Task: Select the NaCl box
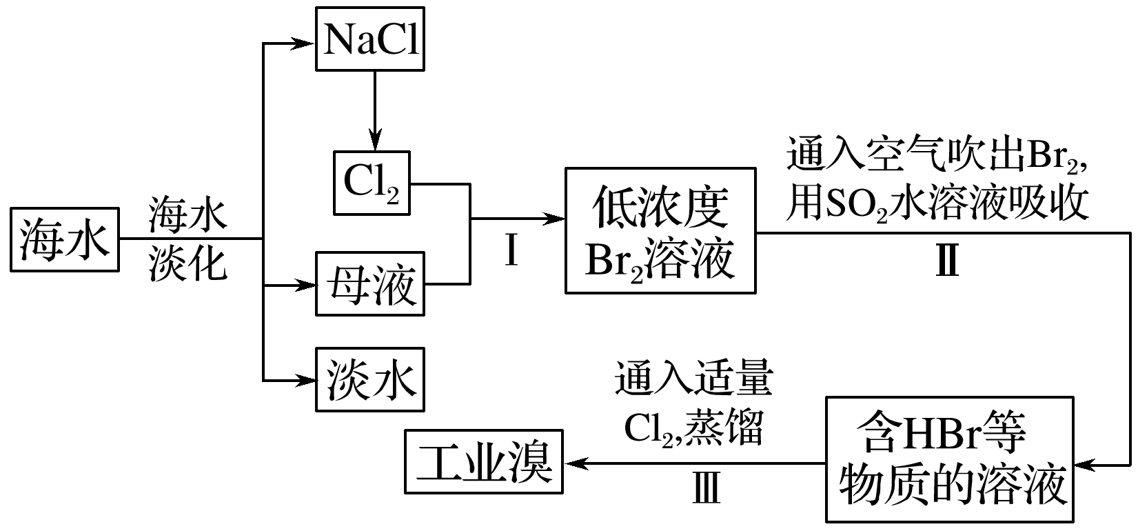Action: click(x=370, y=39)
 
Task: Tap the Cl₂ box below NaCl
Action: click(x=372, y=183)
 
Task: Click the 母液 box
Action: click(x=370, y=284)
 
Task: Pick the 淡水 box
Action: click(x=370, y=379)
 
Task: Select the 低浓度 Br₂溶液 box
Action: click(x=660, y=230)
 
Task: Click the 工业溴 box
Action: click(x=484, y=461)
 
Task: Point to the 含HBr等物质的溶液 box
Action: click(x=950, y=459)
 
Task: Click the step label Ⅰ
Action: click(x=511, y=251)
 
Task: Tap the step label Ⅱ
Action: click(x=947, y=262)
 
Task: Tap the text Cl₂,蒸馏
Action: click(x=694, y=429)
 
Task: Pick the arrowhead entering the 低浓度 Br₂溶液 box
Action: click(x=556, y=219)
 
